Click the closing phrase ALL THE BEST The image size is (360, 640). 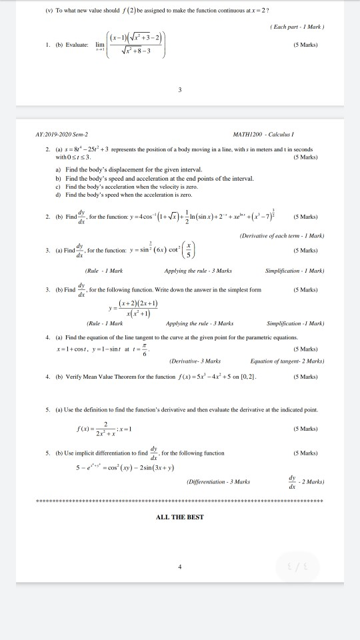click(180, 517)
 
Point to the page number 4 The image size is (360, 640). click(180, 567)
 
